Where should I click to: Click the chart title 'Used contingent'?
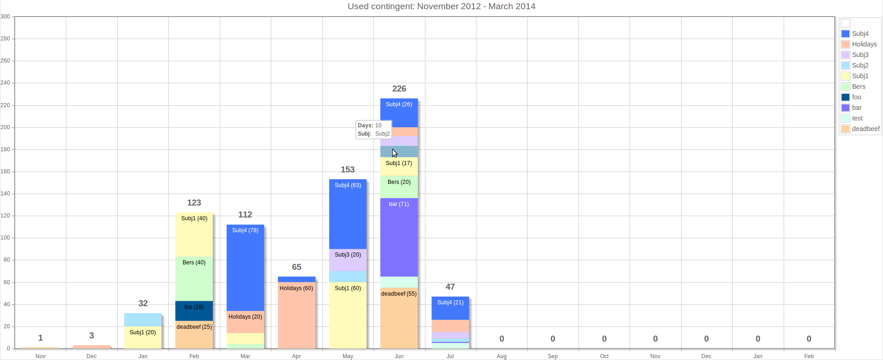[x=441, y=6]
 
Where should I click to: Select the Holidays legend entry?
[x=864, y=44]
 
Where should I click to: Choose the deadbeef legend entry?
[x=865, y=129]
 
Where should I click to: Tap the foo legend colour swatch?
[x=845, y=97]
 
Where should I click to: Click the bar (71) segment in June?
[x=399, y=237]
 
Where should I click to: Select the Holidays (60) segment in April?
[x=296, y=315]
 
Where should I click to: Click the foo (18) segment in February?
[x=194, y=311]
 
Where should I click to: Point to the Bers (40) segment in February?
[x=194, y=279]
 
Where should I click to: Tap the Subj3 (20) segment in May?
[x=348, y=260]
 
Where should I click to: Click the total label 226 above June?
[x=399, y=89]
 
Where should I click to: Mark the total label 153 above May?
[x=348, y=170]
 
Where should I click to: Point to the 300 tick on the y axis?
[x=6, y=17]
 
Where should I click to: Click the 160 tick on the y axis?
[x=6, y=171]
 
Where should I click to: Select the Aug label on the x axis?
[x=501, y=356]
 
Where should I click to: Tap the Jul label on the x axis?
[x=450, y=356]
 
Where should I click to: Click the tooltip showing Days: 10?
[x=373, y=130]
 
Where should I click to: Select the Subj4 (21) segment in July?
[x=450, y=308]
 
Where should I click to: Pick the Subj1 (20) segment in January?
[x=143, y=337]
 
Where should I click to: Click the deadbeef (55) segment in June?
[x=399, y=318]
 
